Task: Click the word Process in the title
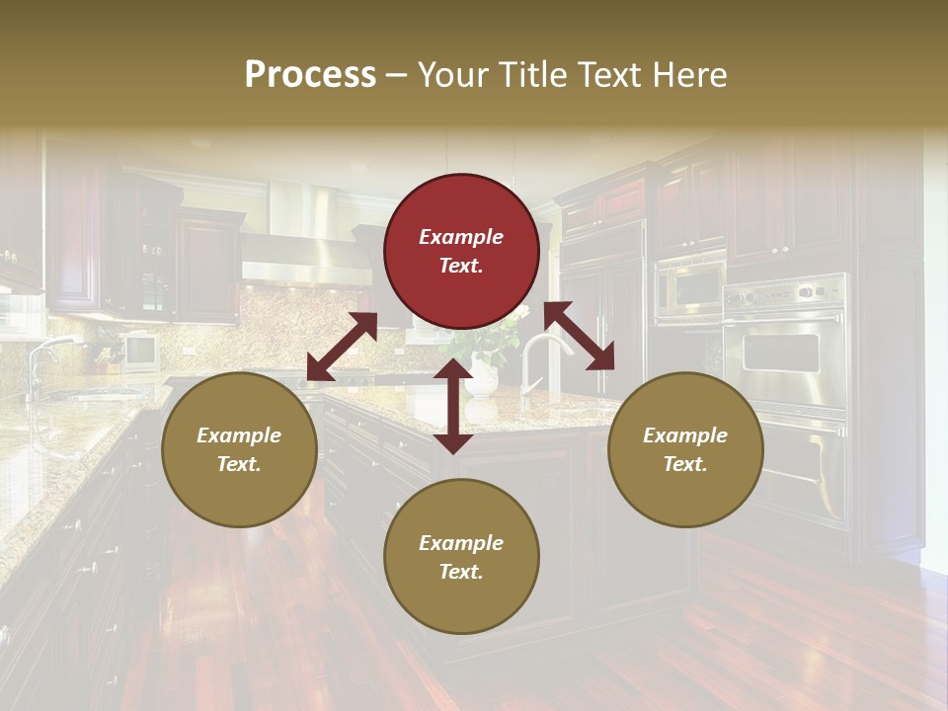coord(310,75)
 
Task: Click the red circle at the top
coord(461,251)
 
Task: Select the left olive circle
coord(239,449)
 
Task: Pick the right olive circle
coord(684,449)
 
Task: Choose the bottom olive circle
coord(461,556)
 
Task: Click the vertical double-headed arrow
coord(453,406)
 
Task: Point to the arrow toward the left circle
coord(342,347)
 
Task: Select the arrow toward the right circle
coord(579,336)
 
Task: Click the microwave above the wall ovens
coord(689,289)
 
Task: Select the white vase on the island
coord(481,376)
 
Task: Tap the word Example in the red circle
coord(461,237)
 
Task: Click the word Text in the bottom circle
coord(459,572)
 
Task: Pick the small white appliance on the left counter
coord(140,351)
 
